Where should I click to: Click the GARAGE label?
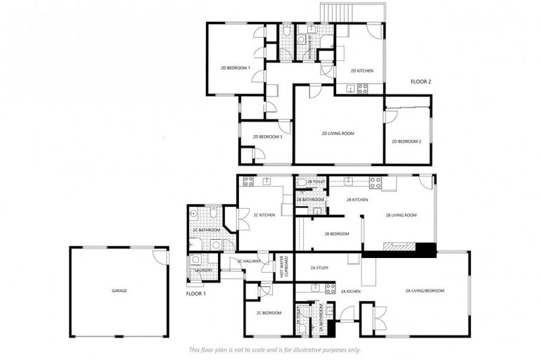point(120,290)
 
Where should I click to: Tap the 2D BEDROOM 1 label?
point(236,67)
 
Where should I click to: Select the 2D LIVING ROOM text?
point(337,133)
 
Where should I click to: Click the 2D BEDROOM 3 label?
point(266,136)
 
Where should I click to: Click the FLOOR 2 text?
point(421,82)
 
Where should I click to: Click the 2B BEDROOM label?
point(337,233)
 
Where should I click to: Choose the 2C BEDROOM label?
point(269,313)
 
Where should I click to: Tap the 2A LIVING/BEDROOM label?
point(425,290)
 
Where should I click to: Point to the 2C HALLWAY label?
point(249,262)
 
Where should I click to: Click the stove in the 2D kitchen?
point(363,89)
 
